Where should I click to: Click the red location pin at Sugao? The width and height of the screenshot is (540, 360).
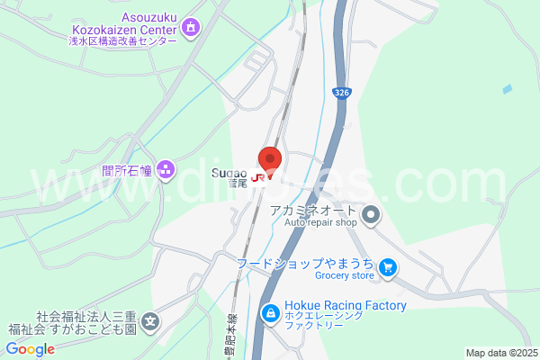pos(270,158)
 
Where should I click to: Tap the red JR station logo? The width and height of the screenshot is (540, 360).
pos(259,177)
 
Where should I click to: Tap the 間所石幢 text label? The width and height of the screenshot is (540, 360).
pos(127,169)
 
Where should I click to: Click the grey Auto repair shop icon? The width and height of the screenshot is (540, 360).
pos(373,215)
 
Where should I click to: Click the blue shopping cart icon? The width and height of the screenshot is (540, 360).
pos(388,267)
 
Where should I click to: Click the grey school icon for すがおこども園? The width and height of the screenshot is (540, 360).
pos(150,320)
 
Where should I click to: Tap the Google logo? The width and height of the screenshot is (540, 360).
pos(30,349)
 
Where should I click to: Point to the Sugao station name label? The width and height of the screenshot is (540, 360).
pos(230,174)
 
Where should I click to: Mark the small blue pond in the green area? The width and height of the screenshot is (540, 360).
pos(508,89)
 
